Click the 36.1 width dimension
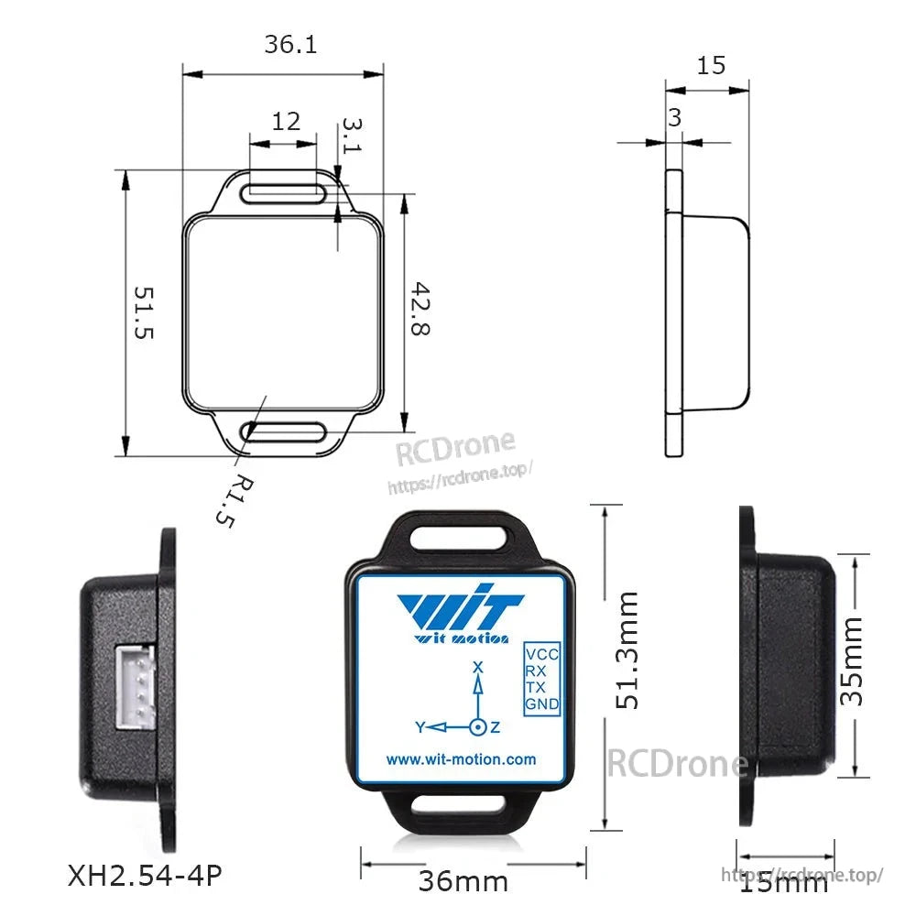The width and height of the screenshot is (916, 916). click(x=290, y=44)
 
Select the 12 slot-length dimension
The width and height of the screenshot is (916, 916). click(x=286, y=121)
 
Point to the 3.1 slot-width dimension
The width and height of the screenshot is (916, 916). click(x=353, y=136)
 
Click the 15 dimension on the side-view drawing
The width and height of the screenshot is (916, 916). click(x=711, y=65)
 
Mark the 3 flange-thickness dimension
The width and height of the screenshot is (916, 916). click(x=674, y=117)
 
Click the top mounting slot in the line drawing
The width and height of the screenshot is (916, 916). click(x=285, y=192)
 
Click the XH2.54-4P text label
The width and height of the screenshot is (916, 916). click(x=145, y=877)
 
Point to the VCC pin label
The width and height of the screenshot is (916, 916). click(x=541, y=655)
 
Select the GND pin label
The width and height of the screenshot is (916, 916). click(x=541, y=704)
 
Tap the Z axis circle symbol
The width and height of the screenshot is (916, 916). click(x=477, y=727)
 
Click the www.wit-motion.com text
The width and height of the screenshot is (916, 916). click(x=461, y=759)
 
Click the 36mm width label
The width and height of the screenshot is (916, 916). click(x=463, y=881)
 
